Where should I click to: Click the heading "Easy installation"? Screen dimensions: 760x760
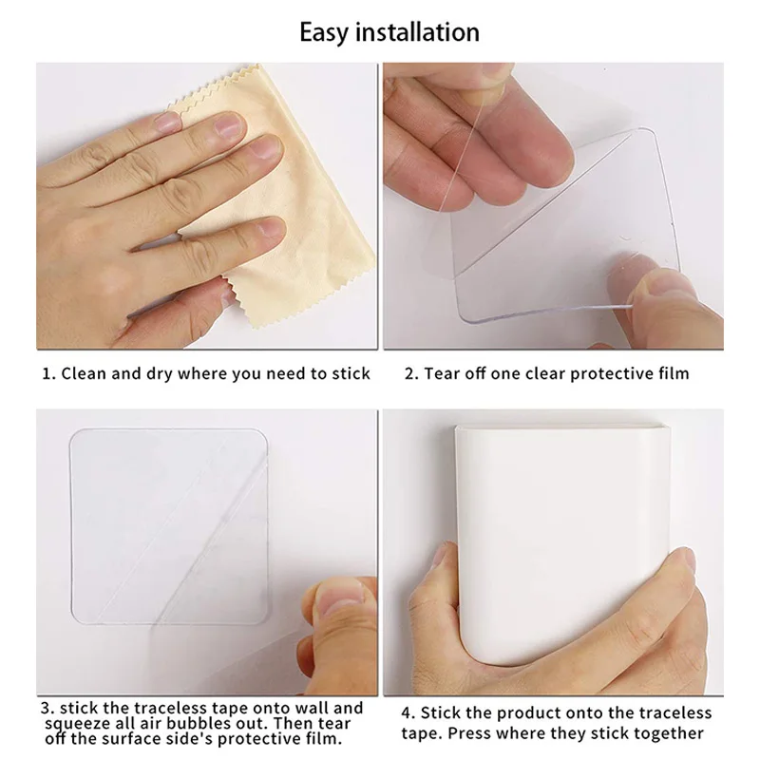click(x=389, y=32)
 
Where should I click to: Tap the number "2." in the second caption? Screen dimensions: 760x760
click(x=411, y=373)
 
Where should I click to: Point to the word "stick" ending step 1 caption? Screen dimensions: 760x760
click(x=351, y=373)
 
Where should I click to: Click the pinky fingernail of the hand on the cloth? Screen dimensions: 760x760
click(x=268, y=227)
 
